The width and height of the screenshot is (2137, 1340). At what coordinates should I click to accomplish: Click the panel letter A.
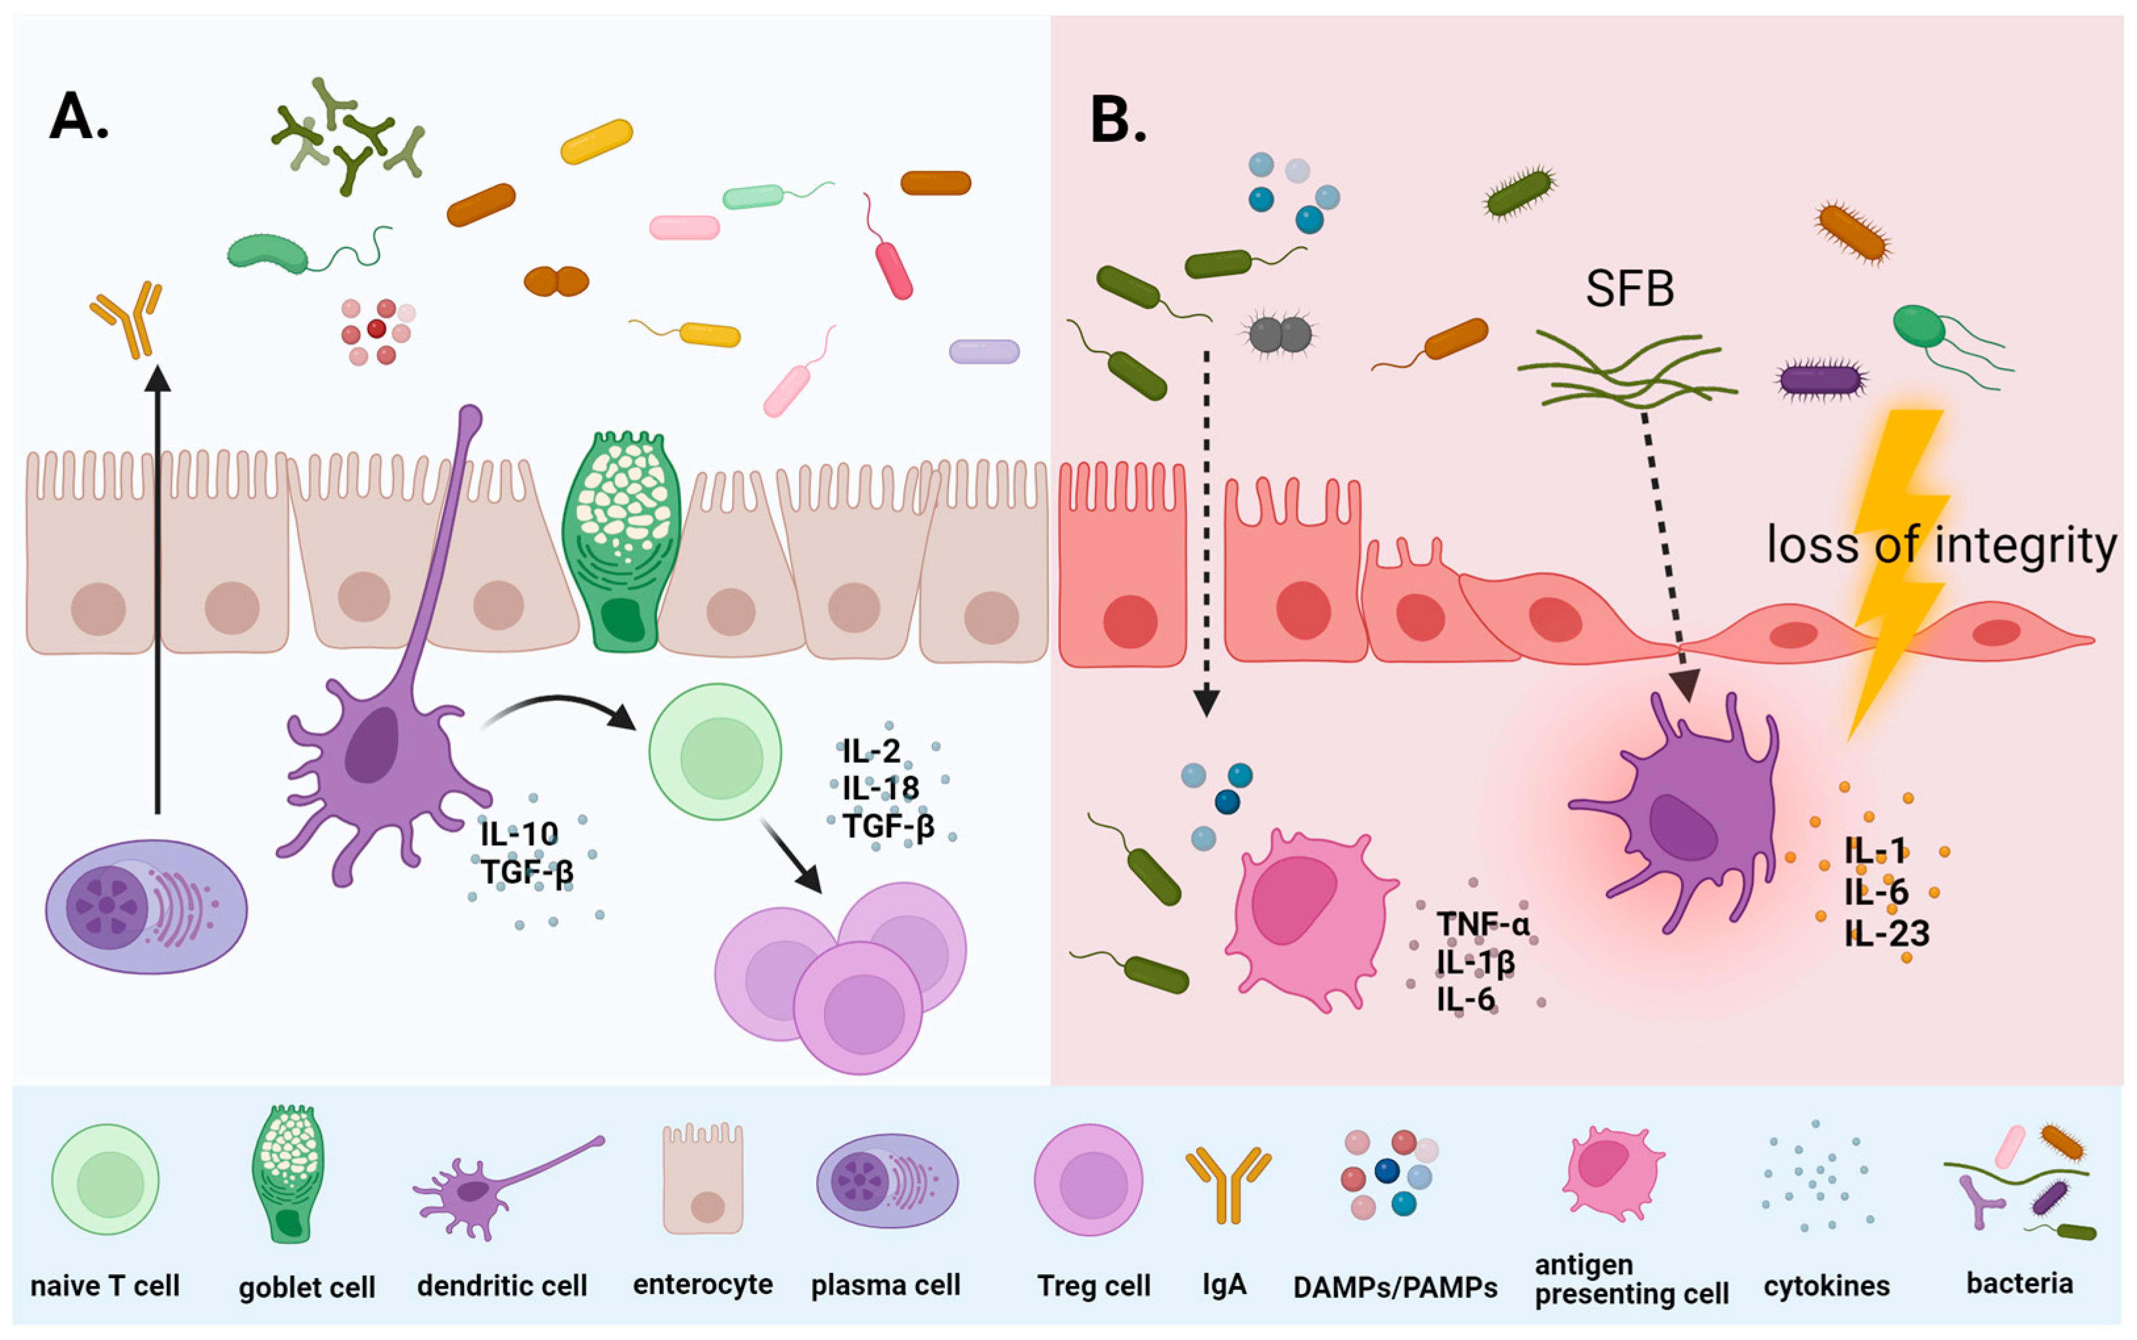pos(78,116)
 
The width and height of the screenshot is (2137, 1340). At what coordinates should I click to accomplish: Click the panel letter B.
pos(1117,119)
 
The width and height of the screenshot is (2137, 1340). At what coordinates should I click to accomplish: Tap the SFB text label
pos(1628,289)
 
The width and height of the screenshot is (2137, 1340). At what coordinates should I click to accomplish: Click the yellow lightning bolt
pos(1896,567)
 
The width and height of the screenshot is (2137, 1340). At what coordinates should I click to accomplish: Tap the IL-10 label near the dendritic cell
pos(519,833)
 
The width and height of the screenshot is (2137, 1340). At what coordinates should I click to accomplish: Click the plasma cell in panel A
pos(146,906)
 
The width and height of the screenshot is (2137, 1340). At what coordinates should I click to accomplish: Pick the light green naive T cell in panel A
pos(715,752)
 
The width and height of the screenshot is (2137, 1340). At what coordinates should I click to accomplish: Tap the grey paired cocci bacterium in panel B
pos(1279,334)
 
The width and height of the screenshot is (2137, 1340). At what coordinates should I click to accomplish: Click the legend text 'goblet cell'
pos(306,1287)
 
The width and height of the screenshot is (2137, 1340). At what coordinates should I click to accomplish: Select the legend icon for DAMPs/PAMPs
pos(1387,1173)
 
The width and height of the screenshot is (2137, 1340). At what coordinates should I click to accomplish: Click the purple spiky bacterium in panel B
pos(1822,379)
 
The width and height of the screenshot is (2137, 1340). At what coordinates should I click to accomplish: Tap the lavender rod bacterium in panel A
pos(984,352)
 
